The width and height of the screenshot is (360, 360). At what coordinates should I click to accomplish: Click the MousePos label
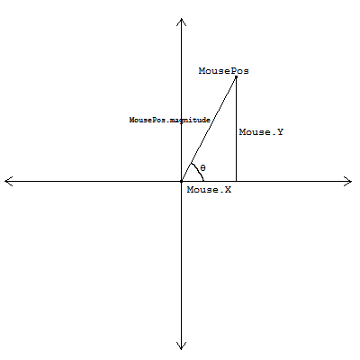point(224,71)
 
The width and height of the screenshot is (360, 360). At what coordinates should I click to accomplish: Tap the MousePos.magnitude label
point(170,120)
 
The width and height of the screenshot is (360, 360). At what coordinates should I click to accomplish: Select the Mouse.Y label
point(261,132)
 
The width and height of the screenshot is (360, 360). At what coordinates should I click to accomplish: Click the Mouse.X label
point(209,190)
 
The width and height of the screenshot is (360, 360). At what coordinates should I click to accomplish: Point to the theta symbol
point(203,168)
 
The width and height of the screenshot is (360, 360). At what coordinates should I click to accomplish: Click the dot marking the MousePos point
point(236,77)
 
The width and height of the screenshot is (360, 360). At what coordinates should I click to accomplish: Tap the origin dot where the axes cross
point(181,181)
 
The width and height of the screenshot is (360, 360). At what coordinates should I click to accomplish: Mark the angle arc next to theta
point(200,170)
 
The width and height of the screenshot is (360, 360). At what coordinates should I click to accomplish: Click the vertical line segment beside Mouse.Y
point(236,130)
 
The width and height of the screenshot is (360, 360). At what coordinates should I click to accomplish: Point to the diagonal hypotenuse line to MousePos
point(209,130)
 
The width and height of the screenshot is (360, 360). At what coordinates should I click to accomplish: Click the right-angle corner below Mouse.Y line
point(236,181)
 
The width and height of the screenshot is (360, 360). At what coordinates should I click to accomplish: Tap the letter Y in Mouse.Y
point(280,132)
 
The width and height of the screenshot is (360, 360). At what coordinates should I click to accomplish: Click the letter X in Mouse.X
point(228,190)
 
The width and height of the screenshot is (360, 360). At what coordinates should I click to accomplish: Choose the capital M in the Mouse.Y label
point(242,132)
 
